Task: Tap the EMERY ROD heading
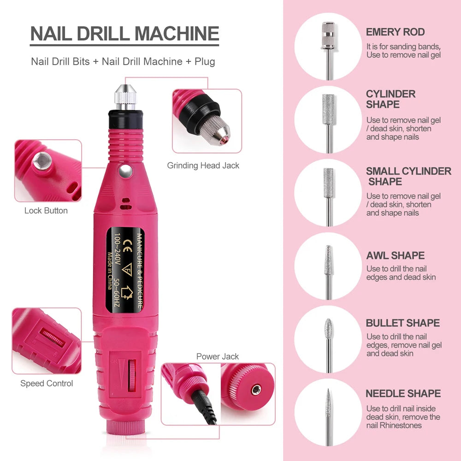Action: click(395, 32)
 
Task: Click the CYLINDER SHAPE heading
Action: click(390, 99)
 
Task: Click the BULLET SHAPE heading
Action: click(402, 323)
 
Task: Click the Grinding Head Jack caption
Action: click(203, 165)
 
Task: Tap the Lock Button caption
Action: click(46, 211)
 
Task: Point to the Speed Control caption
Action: click(46, 383)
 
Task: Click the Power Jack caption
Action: click(218, 356)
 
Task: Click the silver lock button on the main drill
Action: click(123, 171)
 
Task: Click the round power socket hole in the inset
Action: click(256, 390)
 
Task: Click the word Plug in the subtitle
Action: click(205, 61)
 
